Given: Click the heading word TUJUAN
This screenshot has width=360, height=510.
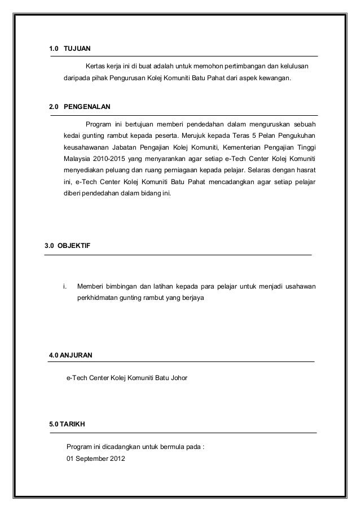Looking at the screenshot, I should (77, 49).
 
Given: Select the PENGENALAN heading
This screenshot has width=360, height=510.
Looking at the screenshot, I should (87, 106).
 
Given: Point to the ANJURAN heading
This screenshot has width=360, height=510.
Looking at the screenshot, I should (77, 355).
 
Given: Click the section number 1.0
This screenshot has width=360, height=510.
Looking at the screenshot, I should (54, 49).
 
